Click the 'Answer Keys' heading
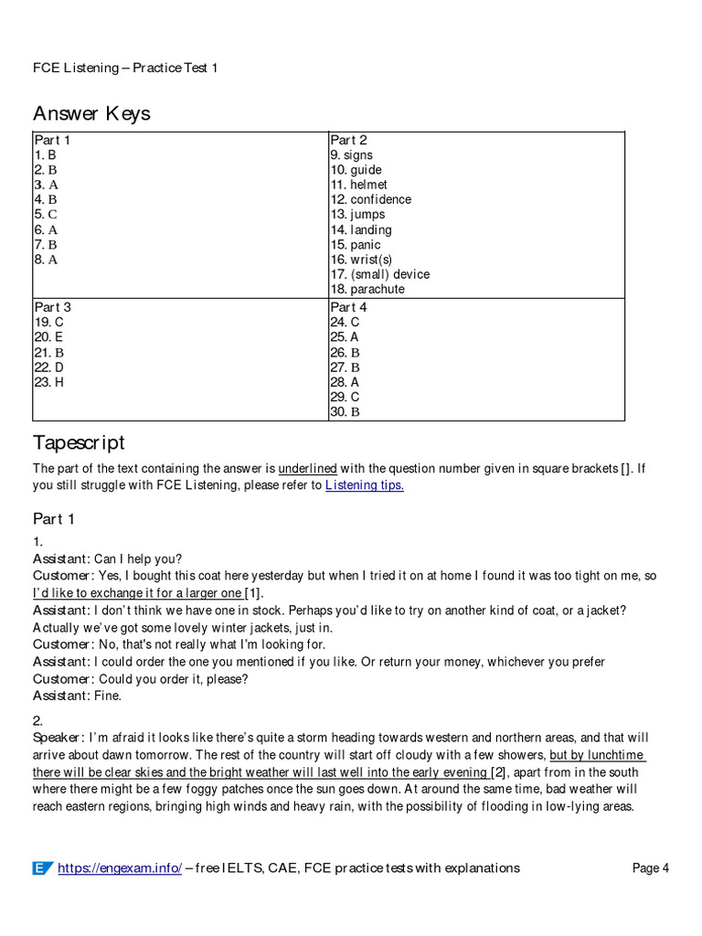pos(91,113)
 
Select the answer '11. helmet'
pos(358,185)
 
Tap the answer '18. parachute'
pos(367,289)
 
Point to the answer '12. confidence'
pos(370,199)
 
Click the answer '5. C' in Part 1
pos(46,215)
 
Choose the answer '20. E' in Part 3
pos(48,337)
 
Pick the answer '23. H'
pos(49,382)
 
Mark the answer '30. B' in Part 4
pos(345,412)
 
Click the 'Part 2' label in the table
pos(348,140)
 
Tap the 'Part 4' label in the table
pos(348,307)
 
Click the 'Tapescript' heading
pos(79,442)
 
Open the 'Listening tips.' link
pos(364,485)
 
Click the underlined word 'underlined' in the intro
pos(307,469)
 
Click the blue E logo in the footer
pos(42,867)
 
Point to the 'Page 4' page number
pos(651,867)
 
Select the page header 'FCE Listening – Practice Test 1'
pos(125,68)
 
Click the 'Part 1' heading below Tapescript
pos(54,519)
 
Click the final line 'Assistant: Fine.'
pos(77,696)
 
